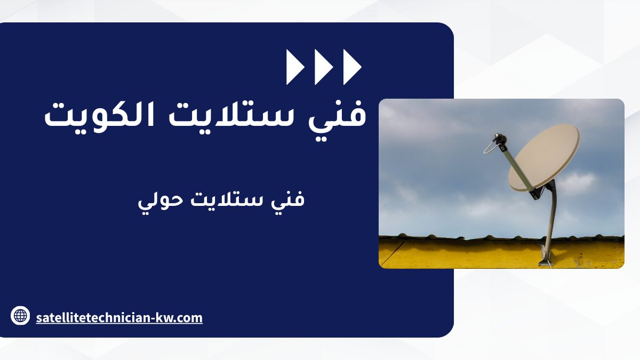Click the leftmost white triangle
pyautogui.click(x=294, y=67)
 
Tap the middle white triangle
pyautogui.click(x=322, y=67)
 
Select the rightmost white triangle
pyautogui.click(x=351, y=67)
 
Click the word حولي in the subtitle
pyautogui.click(x=161, y=200)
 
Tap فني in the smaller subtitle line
pyautogui.click(x=287, y=200)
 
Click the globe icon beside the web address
pyautogui.click(x=20, y=316)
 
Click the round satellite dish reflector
pyautogui.click(x=545, y=158)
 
